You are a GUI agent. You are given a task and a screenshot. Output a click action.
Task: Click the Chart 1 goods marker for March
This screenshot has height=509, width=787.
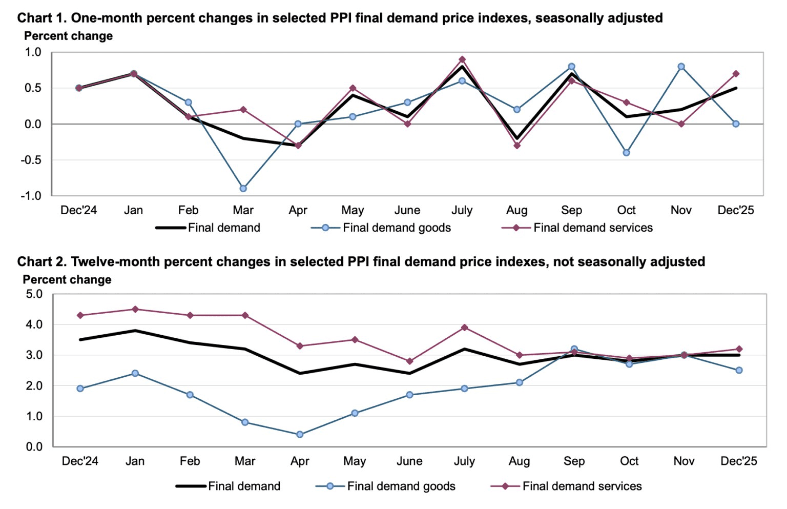pyautogui.click(x=243, y=189)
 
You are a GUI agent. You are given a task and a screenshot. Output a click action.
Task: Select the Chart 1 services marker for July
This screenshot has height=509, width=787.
pyautogui.click(x=462, y=59)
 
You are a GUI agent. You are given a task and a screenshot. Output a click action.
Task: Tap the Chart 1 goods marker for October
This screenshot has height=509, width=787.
pyautogui.click(x=626, y=153)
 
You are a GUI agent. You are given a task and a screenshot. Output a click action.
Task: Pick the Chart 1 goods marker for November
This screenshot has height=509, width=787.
pyautogui.click(x=681, y=67)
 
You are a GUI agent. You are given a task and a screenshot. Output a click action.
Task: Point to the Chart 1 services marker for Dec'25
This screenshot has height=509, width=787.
pyautogui.click(x=736, y=74)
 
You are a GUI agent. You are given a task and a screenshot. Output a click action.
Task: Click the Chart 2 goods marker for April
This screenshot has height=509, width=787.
pyautogui.click(x=300, y=435)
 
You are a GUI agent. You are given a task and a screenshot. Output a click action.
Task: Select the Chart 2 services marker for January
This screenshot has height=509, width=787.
pyautogui.click(x=135, y=309)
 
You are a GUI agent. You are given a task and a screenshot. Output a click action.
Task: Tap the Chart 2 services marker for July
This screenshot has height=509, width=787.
pyautogui.click(x=465, y=328)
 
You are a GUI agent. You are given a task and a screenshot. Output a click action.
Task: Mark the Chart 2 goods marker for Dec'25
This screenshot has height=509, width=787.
pyautogui.click(x=739, y=370)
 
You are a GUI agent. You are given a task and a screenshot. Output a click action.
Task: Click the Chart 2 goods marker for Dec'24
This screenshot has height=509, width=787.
pyautogui.click(x=80, y=389)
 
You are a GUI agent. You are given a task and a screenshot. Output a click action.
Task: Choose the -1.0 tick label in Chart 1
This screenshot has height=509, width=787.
pyautogui.click(x=31, y=196)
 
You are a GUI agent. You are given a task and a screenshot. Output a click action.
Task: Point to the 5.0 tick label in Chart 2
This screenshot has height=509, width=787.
pyautogui.click(x=34, y=294)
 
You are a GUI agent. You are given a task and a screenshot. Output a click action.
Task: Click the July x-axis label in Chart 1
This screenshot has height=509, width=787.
pyautogui.click(x=462, y=210)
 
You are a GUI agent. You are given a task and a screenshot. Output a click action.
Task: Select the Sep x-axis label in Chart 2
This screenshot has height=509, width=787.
pyautogui.click(x=574, y=461)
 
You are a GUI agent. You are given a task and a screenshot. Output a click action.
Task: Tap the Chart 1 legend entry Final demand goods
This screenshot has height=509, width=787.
pyautogui.click(x=397, y=228)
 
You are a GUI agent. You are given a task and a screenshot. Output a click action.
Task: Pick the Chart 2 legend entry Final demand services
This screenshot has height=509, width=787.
pyautogui.click(x=582, y=486)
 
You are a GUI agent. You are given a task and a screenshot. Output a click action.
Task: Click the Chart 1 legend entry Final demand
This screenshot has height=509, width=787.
pyautogui.click(x=224, y=228)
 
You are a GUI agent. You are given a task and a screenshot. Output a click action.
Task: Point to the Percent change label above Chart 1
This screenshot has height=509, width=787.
pyautogui.click(x=69, y=36)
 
